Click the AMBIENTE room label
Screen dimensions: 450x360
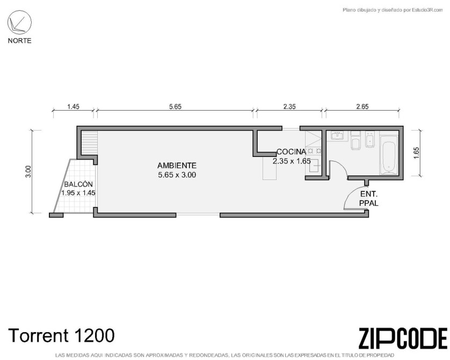(x=177, y=165)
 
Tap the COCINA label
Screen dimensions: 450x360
(x=291, y=152)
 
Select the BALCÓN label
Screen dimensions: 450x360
(x=78, y=184)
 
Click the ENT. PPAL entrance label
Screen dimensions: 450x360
(x=369, y=198)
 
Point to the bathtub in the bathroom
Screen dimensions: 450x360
(x=389, y=155)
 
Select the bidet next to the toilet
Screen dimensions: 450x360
(x=370, y=140)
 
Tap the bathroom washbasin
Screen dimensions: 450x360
(x=337, y=135)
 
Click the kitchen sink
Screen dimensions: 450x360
(x=314, y=165)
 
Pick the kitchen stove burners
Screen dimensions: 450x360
(x=314, y=151)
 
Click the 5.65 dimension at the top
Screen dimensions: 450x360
(x=176, y=107)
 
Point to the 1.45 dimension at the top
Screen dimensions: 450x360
(x=73, y=107)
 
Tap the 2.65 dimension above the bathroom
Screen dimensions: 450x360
(x=362, y=107)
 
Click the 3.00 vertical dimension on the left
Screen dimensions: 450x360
(x=28, y=172)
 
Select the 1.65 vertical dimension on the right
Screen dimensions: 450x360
(x=417, y=153)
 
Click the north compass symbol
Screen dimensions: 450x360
(x=19, y=23)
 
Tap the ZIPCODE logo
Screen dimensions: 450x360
(x=403, y=339)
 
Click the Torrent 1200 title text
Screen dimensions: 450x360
(x=62, y=336)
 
